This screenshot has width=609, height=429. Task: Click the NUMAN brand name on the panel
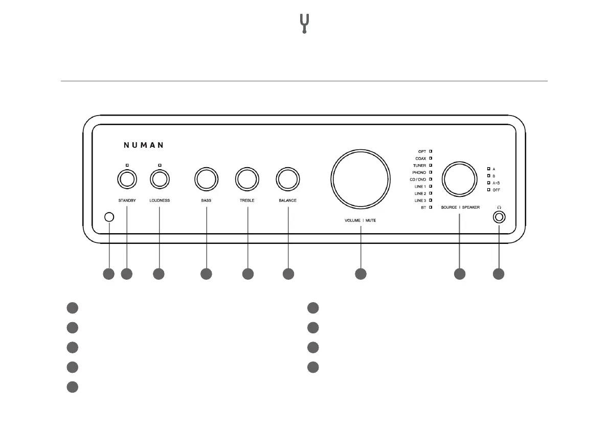[144, 145]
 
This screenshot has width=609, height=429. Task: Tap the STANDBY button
[127, 179]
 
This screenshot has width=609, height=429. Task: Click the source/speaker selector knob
[459, 179]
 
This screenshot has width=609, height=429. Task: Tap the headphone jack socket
[499, 217]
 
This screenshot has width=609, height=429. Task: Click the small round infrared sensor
[108, 217]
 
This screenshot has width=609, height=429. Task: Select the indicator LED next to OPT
[431, 152]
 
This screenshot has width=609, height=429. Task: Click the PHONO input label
[419, 173]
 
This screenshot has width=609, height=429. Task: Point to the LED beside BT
[431, 208]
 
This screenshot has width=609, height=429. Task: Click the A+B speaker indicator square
[488, 183]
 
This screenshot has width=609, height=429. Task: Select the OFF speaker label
[496, 190]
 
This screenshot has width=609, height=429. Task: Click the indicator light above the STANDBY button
[127, 165]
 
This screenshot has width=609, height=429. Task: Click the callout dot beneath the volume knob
[360, 274]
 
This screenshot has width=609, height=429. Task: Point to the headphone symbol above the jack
[499, 208]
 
